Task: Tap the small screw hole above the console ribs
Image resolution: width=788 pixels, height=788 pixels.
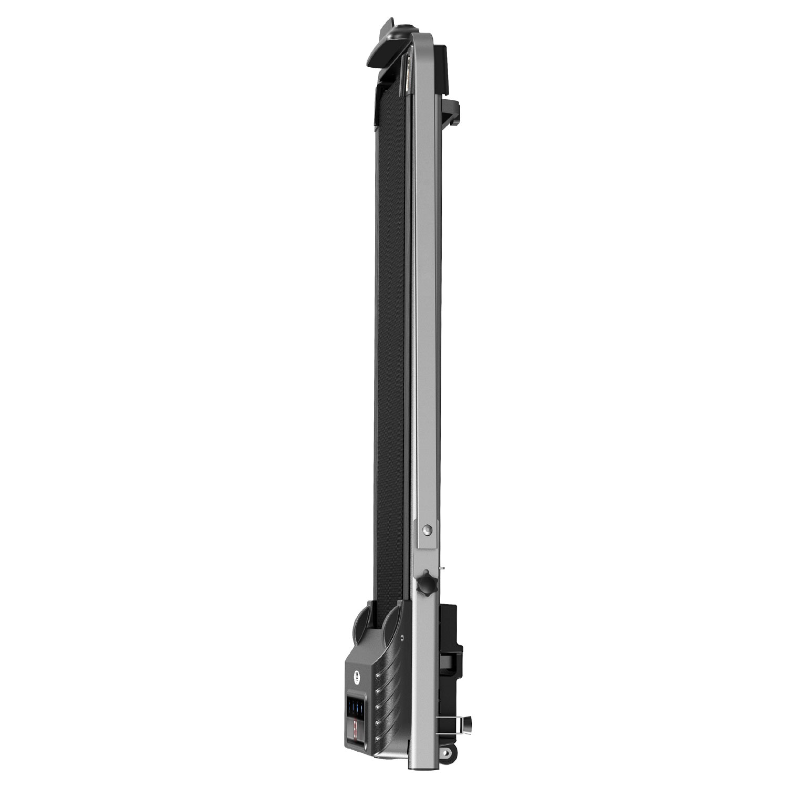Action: pos(402,638)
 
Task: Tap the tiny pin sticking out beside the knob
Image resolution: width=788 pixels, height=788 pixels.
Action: pos(443,568)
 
